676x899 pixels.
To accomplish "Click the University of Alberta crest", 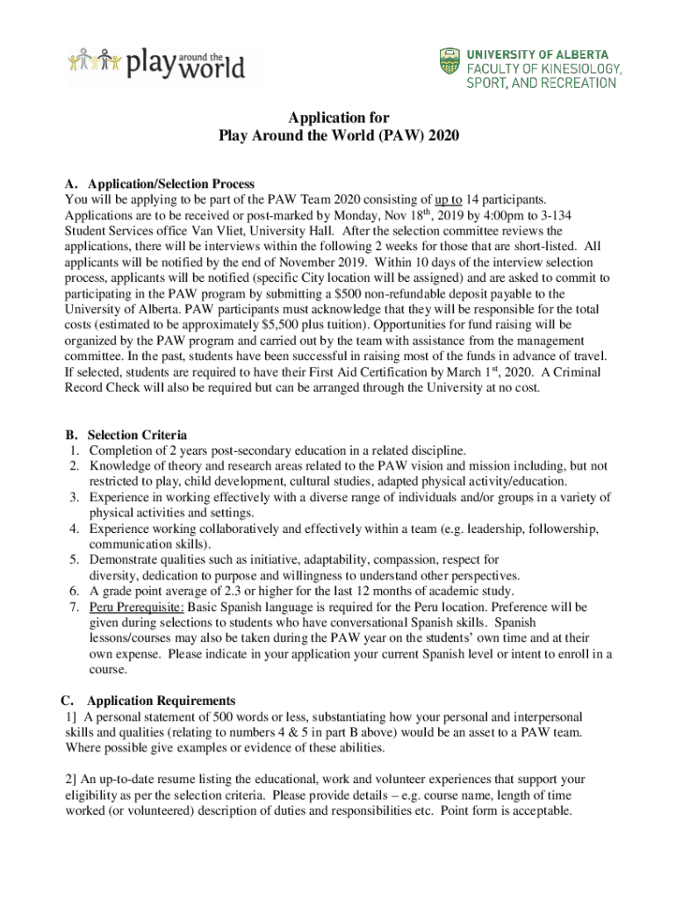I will pyautogui.click(x=448, y=62).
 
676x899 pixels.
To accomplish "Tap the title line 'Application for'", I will pyautogui.click(x=339, y=118).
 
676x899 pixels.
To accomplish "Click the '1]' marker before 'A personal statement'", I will pyautogui.click(x=71, y=716).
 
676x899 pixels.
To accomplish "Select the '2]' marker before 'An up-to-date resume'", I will pyautogui.click(x=71, y=780).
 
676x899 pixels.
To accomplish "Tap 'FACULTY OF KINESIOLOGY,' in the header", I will pyautogui.click(x=544, y=68).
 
